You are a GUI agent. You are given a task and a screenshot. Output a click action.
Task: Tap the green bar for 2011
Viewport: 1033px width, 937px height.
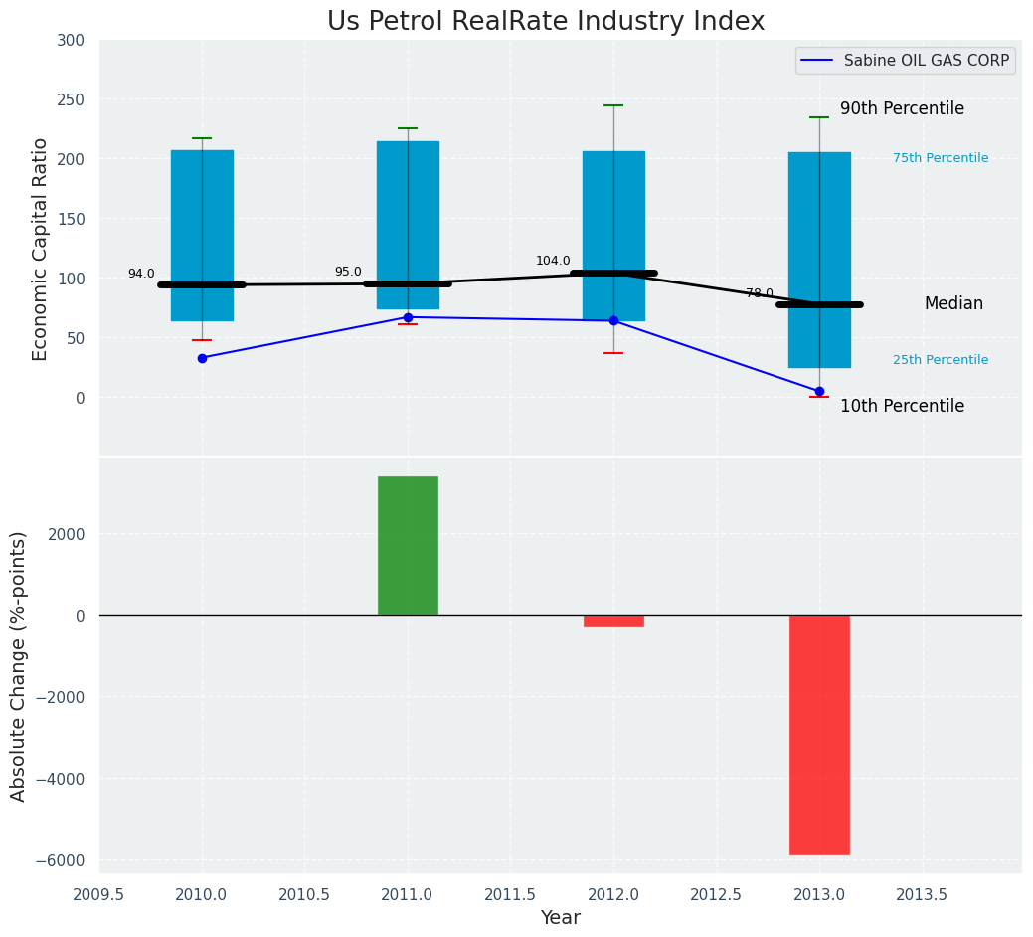click(408, 545)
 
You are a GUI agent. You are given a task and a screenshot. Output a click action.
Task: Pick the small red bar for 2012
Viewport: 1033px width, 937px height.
click(613, 621)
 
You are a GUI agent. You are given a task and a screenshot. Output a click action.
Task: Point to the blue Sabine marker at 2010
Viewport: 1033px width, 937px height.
click(202, 358)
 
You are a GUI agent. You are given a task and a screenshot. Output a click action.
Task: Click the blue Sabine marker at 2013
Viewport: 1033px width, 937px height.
click(819, 391)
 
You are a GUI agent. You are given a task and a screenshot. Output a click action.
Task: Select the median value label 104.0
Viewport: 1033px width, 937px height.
click(553, 261)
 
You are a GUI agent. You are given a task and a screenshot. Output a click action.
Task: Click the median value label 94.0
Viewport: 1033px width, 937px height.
click(141, 274)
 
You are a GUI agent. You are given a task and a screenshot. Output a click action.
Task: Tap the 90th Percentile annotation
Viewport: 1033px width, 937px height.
click(902, 108)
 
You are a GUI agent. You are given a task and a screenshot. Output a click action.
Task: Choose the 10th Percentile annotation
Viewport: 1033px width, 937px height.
click(902, 406)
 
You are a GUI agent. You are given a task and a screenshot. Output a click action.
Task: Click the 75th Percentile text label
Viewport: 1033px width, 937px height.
click(941, 158)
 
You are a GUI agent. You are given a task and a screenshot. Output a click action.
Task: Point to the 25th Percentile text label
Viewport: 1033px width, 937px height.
click(941, 360)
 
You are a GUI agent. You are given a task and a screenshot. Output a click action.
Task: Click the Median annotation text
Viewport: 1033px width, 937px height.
click(953, 304)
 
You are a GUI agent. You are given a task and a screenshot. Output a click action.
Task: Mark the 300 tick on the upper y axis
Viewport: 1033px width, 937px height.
click(78, 40)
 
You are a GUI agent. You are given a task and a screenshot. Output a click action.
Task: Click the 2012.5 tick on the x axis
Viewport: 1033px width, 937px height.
click(716, 894)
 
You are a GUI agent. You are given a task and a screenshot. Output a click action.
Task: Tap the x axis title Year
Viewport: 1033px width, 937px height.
click(560, 918)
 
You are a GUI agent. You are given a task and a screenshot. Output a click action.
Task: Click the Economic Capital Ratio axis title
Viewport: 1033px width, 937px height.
click(40, 249)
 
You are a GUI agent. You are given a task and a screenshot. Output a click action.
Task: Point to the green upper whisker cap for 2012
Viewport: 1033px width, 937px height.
click(613, 105)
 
